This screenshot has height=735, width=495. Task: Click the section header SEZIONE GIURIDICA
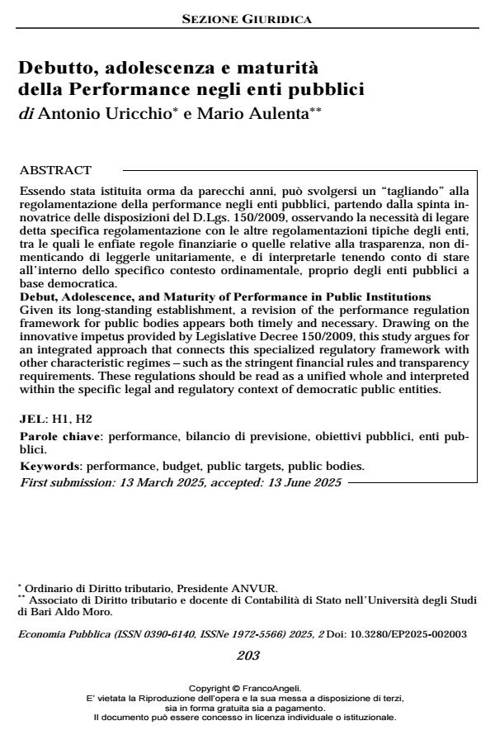tap(247, 18)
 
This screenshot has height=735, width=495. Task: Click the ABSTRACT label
tap(54, 171)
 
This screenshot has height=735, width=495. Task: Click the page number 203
tap(247, 656)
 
